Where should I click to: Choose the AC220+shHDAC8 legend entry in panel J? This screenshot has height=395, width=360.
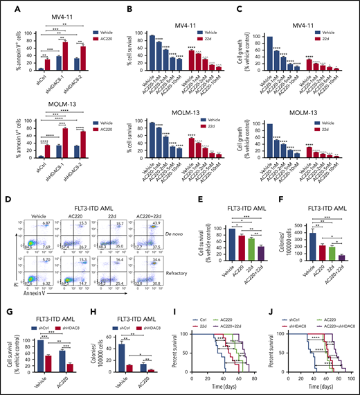(x=325, y=309)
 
